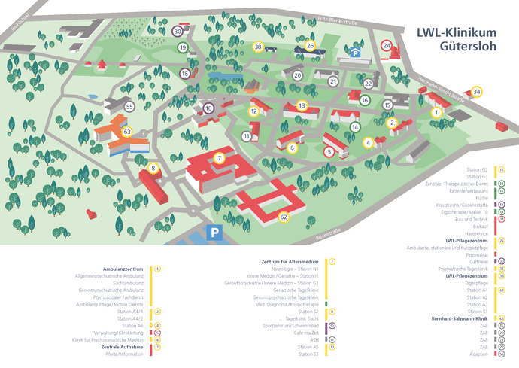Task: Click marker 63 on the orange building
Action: pyautogui.click(x=127, y=132)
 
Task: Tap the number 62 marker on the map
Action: pyautogui.click(x=284, y=217)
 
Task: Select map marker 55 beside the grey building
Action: pyautogui.click(x=129, y=107)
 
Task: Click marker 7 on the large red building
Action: pyautogui.click(x=219, y=158)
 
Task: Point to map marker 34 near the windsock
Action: pyautogui.click(x=477, y=92)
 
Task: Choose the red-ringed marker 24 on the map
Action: pyautogui.click(x=387, y=46)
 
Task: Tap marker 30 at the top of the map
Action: pyautogui.click(x=178, y=32)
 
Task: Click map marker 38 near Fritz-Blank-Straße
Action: pyautogui.click(x=258, y=47)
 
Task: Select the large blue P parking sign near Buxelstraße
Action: pyautogui.click(x=216, y=233)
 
